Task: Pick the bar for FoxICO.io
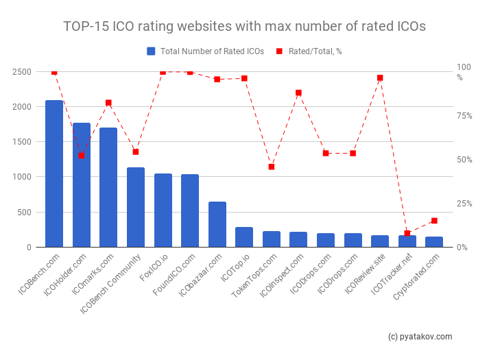tap(163, 210)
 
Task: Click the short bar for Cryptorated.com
tap(434, 242)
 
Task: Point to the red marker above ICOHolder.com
tap(82, 156)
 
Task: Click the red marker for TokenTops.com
tap(272, 167)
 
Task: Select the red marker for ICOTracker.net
tap(407, 233)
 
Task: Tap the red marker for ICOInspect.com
tap(298, 93)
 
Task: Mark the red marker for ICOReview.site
tap(380, 78)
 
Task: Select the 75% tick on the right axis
tap(466, 116)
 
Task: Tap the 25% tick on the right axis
tap(466, 204)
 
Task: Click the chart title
tap(244, 26)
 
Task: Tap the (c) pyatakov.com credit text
tap(420, 337)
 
